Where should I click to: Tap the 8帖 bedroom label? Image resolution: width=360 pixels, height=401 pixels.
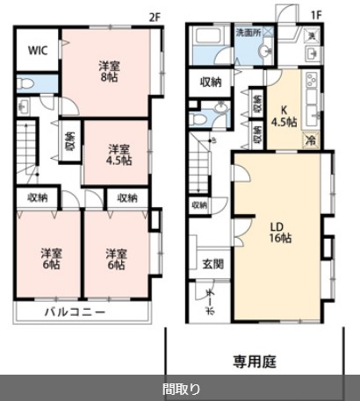[108, 70]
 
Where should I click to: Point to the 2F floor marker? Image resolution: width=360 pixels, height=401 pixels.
[156, 17]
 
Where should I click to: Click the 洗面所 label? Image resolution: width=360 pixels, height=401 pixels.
[248, 33]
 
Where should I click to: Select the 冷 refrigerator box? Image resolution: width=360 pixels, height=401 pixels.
[310, 140]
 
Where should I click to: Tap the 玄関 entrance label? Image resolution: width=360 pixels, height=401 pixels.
[212, 263]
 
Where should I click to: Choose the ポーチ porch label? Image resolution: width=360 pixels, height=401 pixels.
[210, 295]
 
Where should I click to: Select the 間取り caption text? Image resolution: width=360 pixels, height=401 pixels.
[180, 387]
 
